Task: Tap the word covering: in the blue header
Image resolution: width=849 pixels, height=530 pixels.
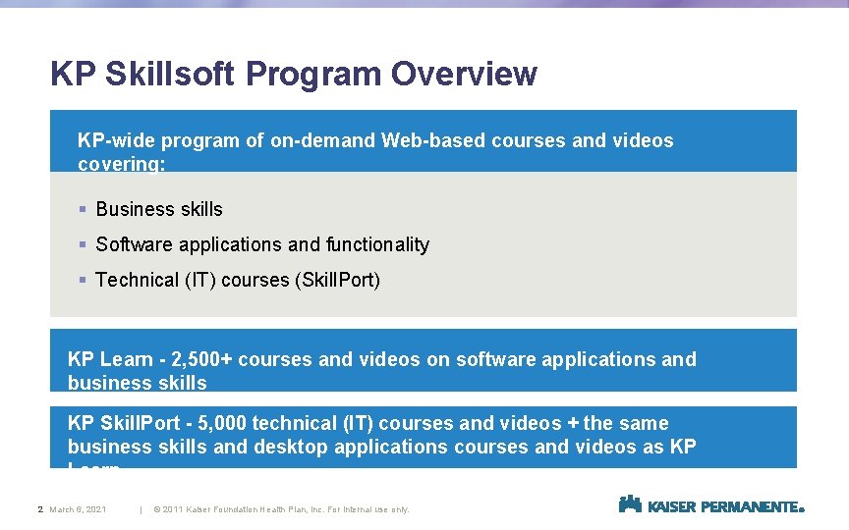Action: pyautogui.click(x=121, y=164)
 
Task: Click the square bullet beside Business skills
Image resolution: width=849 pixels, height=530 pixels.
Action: pyautogui.click(x=85, y=209)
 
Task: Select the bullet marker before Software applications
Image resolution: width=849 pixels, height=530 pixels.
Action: pyautogui.click(x=85, y=244)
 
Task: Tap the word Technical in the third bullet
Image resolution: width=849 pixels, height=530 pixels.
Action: pyautogui.click(x=137, y=280)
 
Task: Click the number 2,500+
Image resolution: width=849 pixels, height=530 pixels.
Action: pyautogui.click(x=201, y=359)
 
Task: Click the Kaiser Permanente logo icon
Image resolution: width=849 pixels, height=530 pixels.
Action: pyautogui.click(x=630, y=504)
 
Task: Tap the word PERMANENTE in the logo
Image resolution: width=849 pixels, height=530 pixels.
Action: pyautogui.click(x=754, y=506)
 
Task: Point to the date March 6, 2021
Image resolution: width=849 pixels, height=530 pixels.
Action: pyautogui.click(x=79, y=509)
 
